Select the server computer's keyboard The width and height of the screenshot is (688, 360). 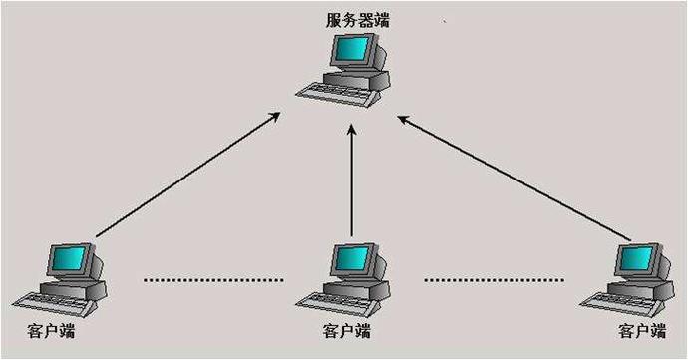pyautogui.click(x=339, y=91)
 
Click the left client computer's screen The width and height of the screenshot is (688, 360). pyautogui.click(x=70, y=259)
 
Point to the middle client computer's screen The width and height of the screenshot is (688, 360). pyautogui.click(x=351, y=259)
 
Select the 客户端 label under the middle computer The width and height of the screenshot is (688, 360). pyautogui.click(x=347, y=330)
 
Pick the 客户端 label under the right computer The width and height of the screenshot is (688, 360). pyautogui.click(x=641, y=330)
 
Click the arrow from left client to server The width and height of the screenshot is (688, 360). pyautogui.click(x=189, y=175)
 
